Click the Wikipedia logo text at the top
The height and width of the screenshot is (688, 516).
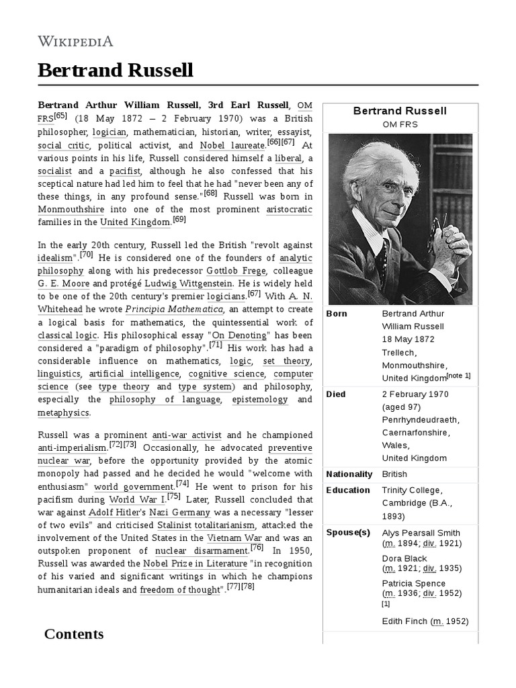click(75, 41)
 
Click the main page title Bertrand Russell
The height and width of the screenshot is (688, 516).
click(115, 71)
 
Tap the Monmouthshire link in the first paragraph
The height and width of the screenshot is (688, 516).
click(69, 209)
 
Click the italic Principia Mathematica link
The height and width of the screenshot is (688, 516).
click(174, 309)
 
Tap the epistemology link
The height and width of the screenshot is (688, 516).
click(241, 399)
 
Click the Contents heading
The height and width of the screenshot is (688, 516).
click(74, 634)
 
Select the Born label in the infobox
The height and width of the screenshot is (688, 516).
click(337, 314)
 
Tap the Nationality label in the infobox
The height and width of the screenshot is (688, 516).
click(349, 474)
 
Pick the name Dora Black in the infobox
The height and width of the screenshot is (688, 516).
click(404, 558)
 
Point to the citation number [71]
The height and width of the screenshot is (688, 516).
click(215, 345)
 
